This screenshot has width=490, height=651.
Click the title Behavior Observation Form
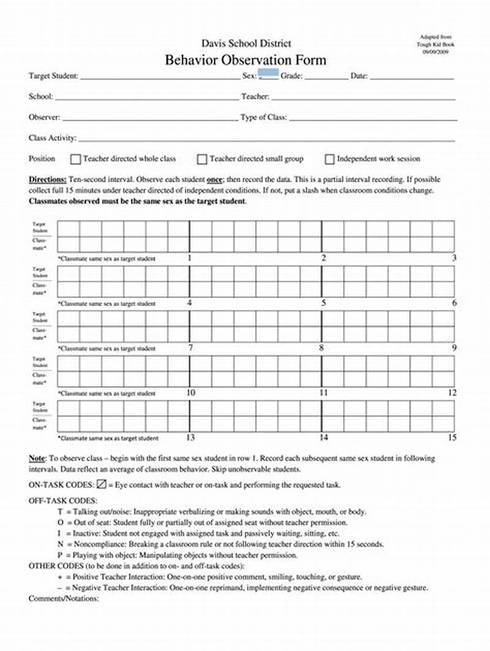coord(245,60)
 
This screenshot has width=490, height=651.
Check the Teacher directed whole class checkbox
coord(76,159)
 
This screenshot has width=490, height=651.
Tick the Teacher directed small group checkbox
coord(202,159)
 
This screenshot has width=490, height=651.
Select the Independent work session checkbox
coord(330,159)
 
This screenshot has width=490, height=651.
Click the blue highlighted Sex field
coord(268,75)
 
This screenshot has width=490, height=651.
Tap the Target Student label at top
coord(53,76)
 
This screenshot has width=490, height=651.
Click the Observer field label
coord(44,117)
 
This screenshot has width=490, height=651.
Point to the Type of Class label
coord(263,117)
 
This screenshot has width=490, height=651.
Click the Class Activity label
coord(52,138)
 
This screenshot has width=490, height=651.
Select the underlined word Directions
coord(48,181)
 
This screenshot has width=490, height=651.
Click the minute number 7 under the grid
coord(190,348)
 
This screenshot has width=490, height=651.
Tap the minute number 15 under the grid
coord(452,437)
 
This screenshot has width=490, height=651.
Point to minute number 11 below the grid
coord(323,393)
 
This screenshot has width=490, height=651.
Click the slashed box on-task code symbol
coord(102,484)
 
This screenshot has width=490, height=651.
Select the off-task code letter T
coord(59,511)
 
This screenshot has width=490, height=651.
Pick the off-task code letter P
coord(59,555)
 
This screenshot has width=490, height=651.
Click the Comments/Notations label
coord(64,598)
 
